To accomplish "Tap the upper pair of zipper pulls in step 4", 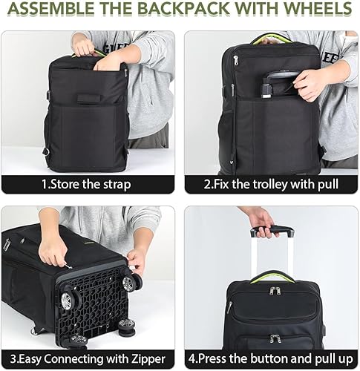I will (274, 291).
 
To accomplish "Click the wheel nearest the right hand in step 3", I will (132, 282).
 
